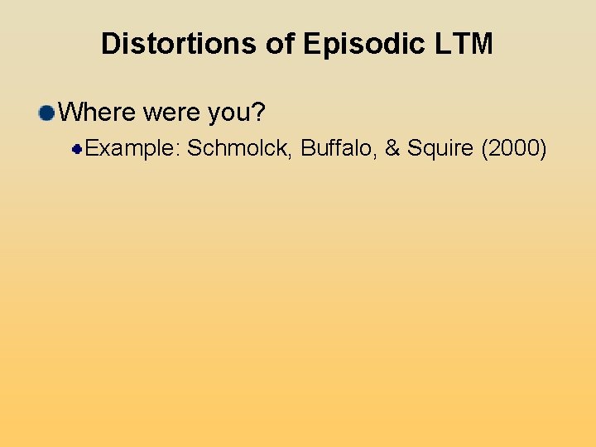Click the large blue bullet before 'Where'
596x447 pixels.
pyautogui.click(x=47, y=112)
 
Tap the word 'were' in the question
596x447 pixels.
pyautogui.click(x=172, y=112)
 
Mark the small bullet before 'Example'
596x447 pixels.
pyautogui.click(x=76, y=149)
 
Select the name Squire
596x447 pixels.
pyautogui.click(x=440, y=149)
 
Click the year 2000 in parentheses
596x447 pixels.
pyautogui.click(x=514, y=149)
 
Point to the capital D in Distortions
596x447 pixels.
pyautogui.click(x=110, y=44)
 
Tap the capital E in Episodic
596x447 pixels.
pyautogui.click(x=311, y=44)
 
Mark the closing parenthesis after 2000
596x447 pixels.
pyautogui.click(x=543, y=149)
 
